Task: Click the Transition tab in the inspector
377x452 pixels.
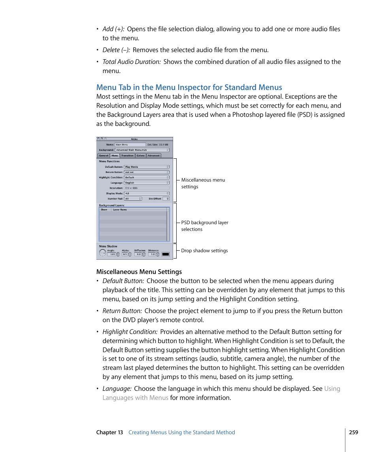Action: (x=127, y=156)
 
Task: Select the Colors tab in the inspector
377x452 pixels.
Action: (x=140, y=156)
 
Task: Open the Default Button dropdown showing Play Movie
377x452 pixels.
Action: (x=147, y=167)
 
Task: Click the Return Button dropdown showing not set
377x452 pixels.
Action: (x=147, y=172)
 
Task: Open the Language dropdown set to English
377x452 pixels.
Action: (x=147, y=183)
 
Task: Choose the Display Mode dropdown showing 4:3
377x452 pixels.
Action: (x=147, y=193)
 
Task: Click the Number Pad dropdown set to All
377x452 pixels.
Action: (x=133, y=199)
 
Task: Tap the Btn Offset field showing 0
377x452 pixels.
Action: (x=166, y=199)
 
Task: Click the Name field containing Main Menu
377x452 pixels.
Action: (x=130, y=144)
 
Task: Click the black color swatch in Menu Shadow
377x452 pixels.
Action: (x=166, y=254)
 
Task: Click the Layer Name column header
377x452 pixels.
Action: (x=120, y=210)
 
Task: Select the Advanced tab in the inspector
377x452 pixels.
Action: (x=154, y=156)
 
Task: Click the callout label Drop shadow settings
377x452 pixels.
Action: (x=204, y=251)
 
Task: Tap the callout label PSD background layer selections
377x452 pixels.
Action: (x=205, y=226)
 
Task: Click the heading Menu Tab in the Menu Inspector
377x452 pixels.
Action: (x=189, y=87)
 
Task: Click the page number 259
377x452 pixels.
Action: (x=353, y=432)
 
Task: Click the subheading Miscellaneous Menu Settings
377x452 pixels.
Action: (x=139, y=272)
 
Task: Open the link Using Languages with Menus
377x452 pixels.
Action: (x=136, y=398)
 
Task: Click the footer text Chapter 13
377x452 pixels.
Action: (x=109, y=432)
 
